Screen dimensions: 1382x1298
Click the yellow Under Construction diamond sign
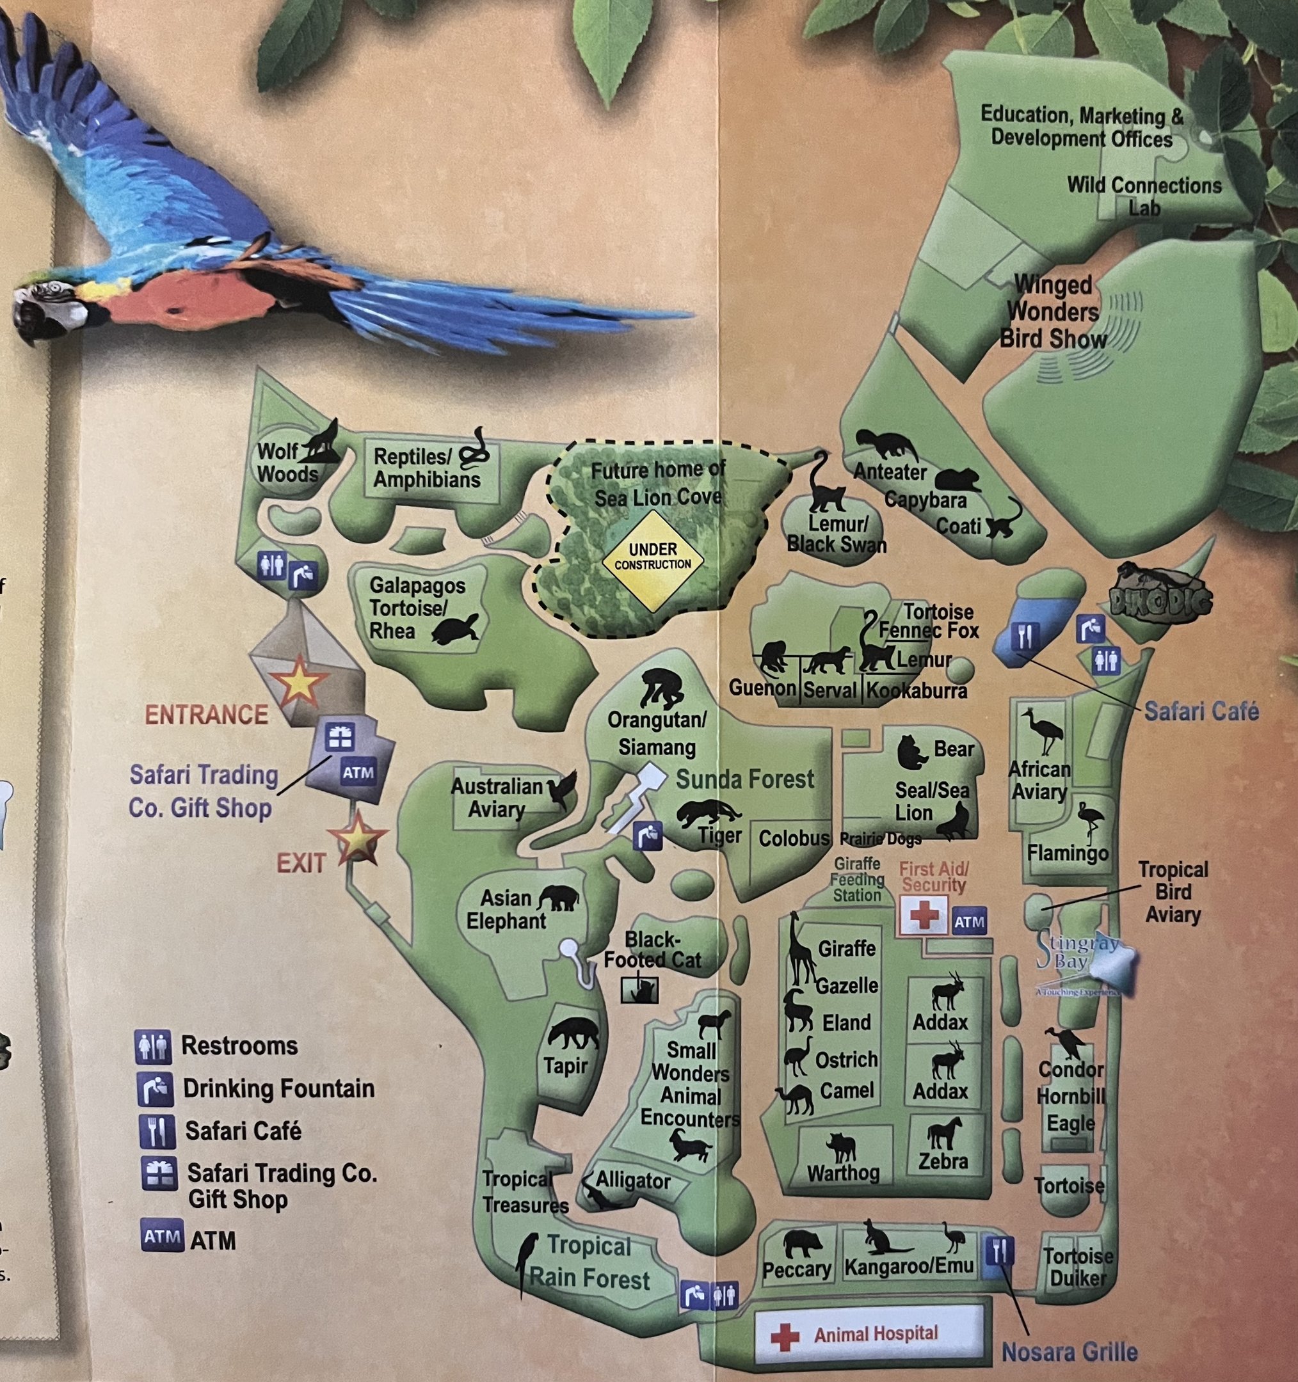(652, 561)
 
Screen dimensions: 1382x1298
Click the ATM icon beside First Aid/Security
(969, 923)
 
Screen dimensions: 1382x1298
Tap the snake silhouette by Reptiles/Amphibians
(476, 449)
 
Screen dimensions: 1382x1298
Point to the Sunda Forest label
(744, 779)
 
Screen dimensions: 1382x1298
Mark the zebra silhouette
(944, 1134)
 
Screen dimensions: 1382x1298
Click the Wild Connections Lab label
(1144, 196)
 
